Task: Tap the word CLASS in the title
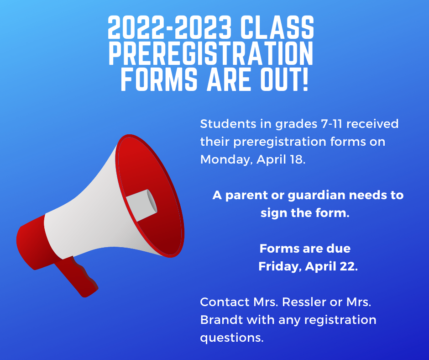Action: [277, 27]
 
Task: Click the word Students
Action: [228, 124]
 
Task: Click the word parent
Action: [246, 196]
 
